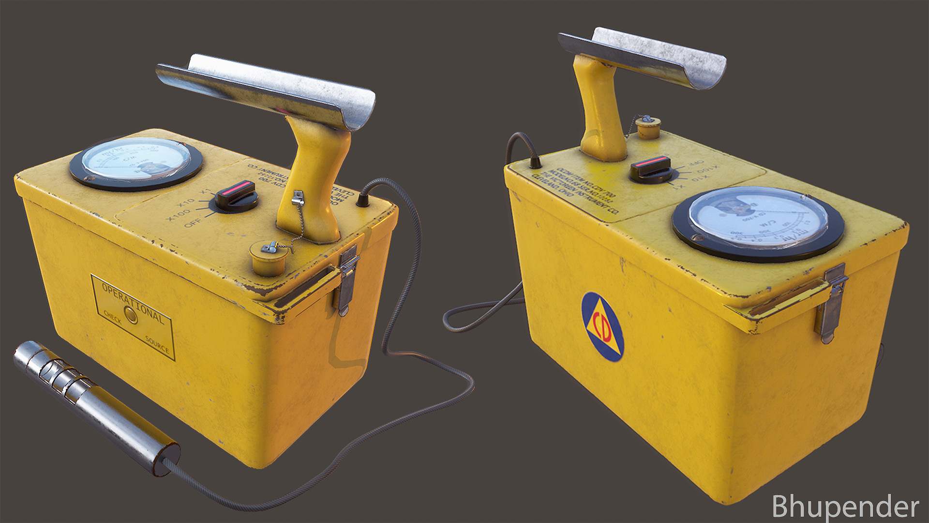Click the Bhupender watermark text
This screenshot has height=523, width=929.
pyautogui.click(x=845, y=507)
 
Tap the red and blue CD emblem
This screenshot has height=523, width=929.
pyautogui.click(x=602, y=327)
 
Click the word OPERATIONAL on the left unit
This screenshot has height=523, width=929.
pyautogui.click(x=133, y=303)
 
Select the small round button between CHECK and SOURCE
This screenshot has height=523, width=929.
pyautogui.click(x=131, y=315)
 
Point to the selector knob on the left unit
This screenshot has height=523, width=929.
pyautogui.click(x=236, y=195)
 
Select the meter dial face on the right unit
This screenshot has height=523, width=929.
pyautogui.click(x=758, y=217)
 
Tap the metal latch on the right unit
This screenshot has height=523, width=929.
pyautogui.click(x=832, y=302)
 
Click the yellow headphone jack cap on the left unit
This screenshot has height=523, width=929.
pyautogui.click(x=269, y=258)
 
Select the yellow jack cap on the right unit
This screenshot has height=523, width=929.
pyautogui.click(x=648, y=128)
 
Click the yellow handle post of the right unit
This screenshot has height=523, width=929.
pyautogui.click(x=600, y=116)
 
